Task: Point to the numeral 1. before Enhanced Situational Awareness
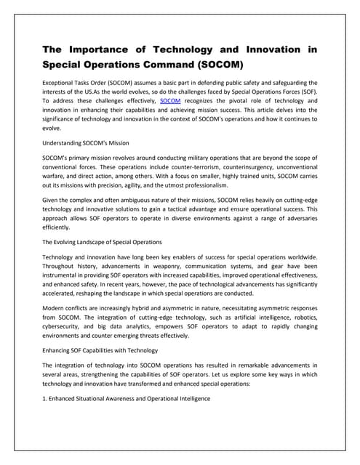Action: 45,399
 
